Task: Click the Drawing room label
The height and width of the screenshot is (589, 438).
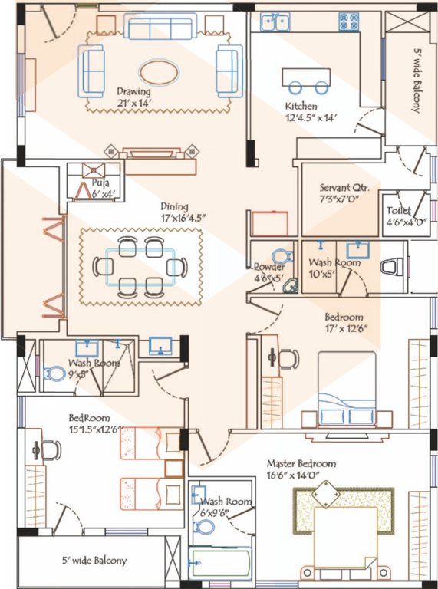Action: pyautogui.click(x=133, y=89)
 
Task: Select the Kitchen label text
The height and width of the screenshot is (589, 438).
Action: pyautogui.click(x=301, y=105)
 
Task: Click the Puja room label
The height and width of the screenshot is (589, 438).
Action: pyautogui.click(x=100, y=183)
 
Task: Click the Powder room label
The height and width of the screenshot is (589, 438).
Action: pyautogui.click(x=269, y=266)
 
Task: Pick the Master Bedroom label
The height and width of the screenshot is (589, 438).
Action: pyautogui.click(x=301, y=464)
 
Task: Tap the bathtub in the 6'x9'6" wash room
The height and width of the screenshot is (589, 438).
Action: pyautogui.click(x=220, y=567)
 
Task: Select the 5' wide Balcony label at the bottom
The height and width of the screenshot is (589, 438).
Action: pyautogui.click(x=94, y=561)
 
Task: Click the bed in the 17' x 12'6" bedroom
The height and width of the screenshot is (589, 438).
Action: pyautogui.click(x=347, y=391)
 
